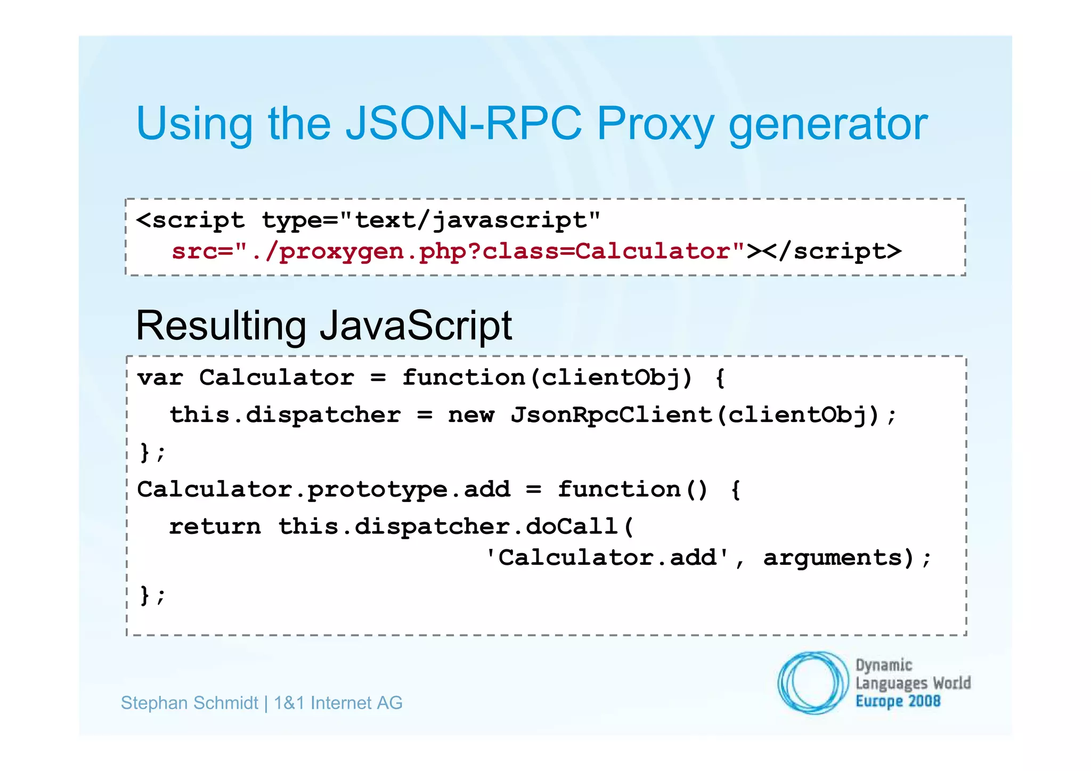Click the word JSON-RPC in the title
[x=463, y=124]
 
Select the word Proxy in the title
[x=655, y=125]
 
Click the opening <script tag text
[x=190, y=220]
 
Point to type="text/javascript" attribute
[x=430, y=220]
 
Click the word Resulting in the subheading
[x=221, y=326]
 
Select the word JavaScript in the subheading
[x=416, y=326]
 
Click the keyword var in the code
[x=160, y=378]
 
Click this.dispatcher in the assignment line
[x=285, y=415]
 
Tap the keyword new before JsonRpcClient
[x=471, y=415]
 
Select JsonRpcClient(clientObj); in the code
[x=704, y=415]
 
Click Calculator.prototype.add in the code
[x=323, y=489]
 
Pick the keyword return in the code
[x=215, y=526]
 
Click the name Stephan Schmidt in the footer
[x=189, y=703]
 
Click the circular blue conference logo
[x=812, y=683]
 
